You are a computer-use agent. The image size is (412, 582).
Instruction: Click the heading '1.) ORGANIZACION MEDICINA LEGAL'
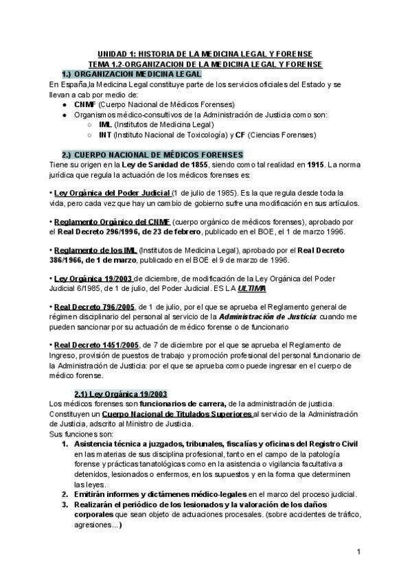tap(131, 73)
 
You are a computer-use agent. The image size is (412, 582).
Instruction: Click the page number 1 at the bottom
tap(358, 552)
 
